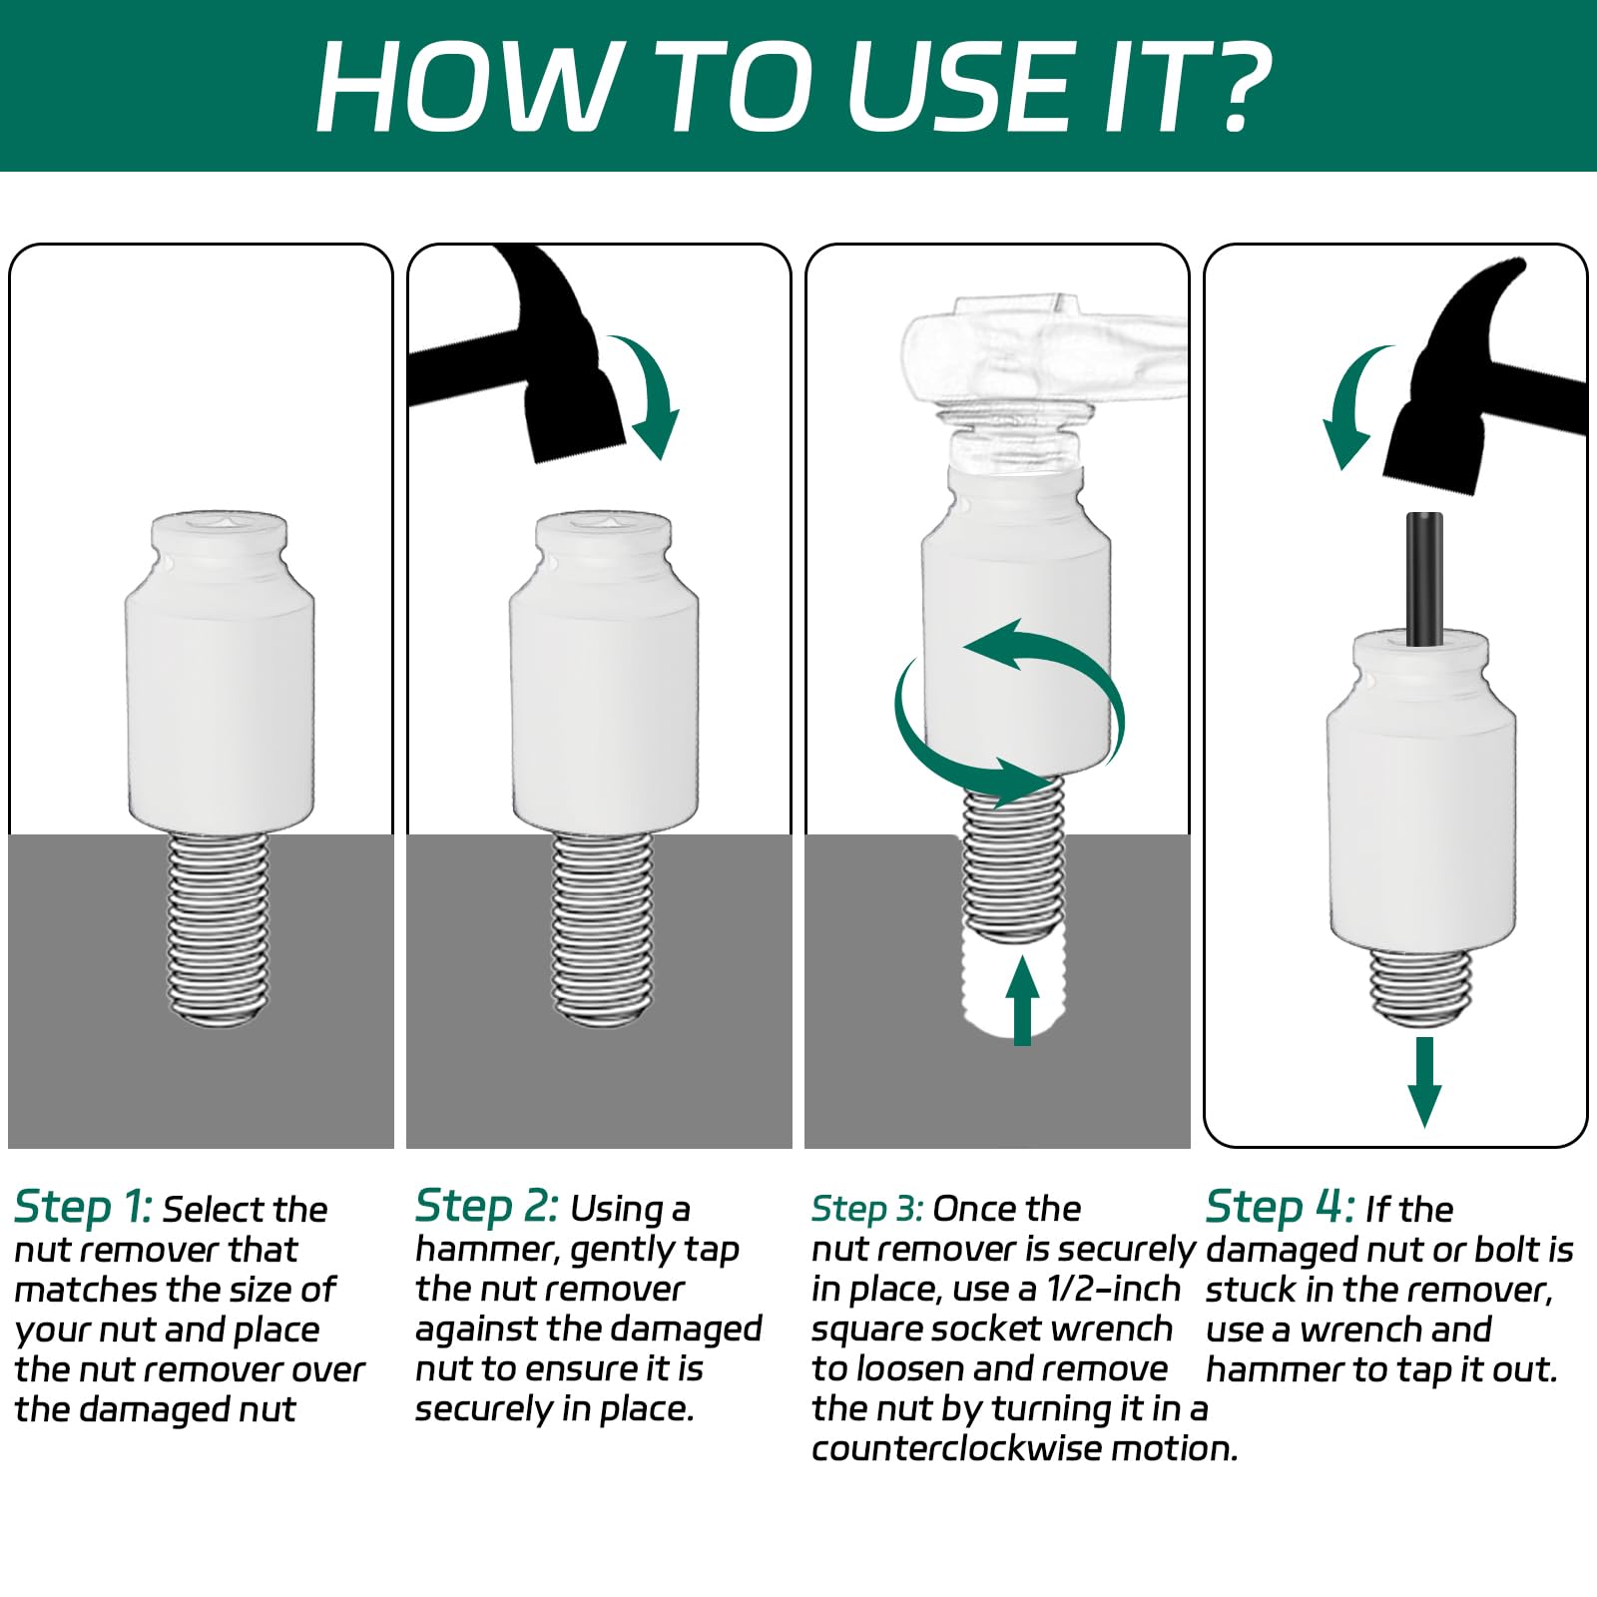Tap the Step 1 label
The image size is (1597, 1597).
click(x=83, y=1209)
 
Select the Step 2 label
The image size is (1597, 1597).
click(x=487, y=1208)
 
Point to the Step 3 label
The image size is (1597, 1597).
click(x=866, y=1210)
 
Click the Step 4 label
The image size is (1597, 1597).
click(x=1280, y=1208)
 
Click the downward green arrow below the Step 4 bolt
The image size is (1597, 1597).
click(x=1424, y=1082)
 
